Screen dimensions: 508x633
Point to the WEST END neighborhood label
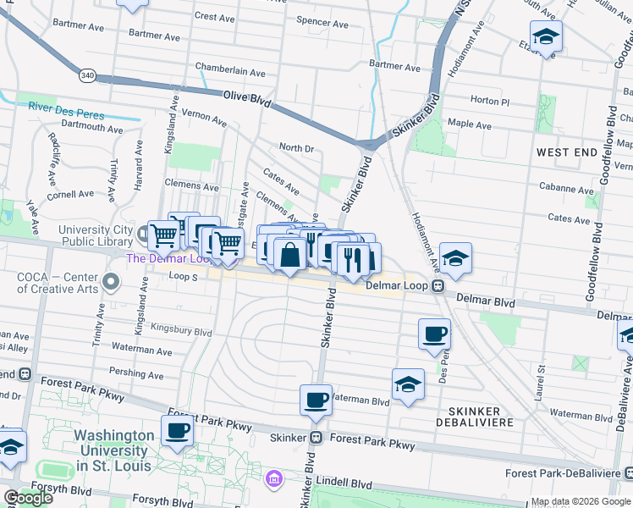pyautogui.click(x=567, y=152)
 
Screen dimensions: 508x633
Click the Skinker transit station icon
pyautogui.click(x=316, y=438)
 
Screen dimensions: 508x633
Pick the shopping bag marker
pyautogui.click(x=289, y=255)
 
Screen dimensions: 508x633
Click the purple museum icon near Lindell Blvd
pyautogui.click(x=272, y=480)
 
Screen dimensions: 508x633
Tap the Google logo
pyautogui.click(x=28, y=498)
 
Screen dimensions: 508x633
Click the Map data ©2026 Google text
pyautogui.click(x=581, y=501)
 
